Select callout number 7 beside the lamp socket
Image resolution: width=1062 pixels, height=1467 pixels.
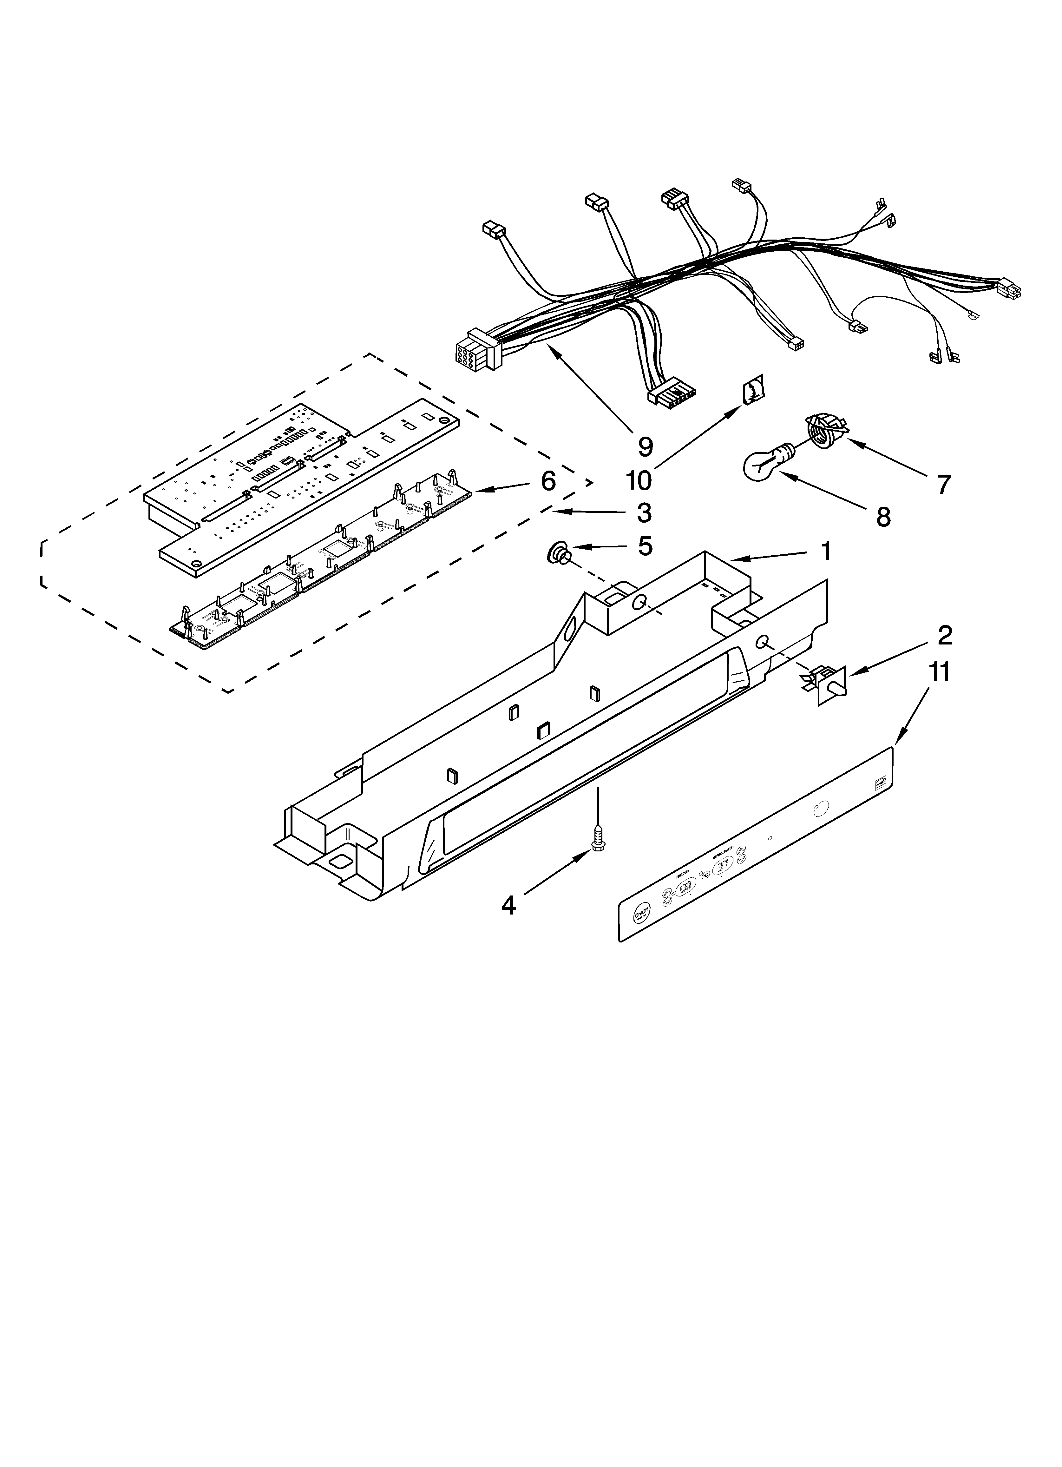point(944,484)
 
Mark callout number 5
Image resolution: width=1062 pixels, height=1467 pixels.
point(645,546)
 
